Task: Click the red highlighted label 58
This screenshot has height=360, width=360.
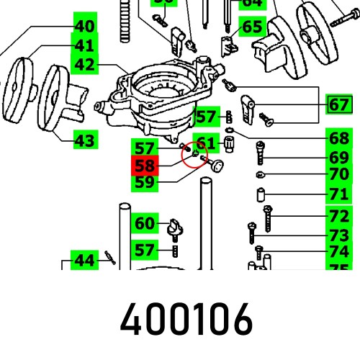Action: point(145,166)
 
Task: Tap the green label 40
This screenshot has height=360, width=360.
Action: point(84,27)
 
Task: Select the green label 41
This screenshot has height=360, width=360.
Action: point(84,45)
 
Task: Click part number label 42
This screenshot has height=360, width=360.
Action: point(84,65)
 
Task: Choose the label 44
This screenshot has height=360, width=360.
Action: point(84,260)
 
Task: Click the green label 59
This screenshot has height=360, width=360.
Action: point(145,183)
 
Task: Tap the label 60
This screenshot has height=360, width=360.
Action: point(145,223)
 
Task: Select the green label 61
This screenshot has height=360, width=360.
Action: point(206,143)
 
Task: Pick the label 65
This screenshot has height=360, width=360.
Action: point(252,27)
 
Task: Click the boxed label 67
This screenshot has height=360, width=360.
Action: point(339,105)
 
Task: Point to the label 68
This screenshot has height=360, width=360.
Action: point(339,138)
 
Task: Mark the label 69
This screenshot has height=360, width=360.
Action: point(339,157)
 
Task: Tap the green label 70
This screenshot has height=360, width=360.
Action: point(339,174)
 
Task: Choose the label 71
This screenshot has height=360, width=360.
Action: point(339,194)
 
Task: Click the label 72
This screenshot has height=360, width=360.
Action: point(339,215)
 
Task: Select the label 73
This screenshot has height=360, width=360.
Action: point(339,234)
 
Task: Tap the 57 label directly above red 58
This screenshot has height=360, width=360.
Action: point(145,149)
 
